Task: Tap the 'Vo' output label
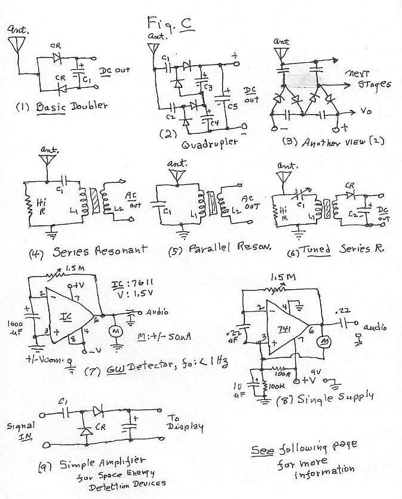[x=366, y=111]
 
